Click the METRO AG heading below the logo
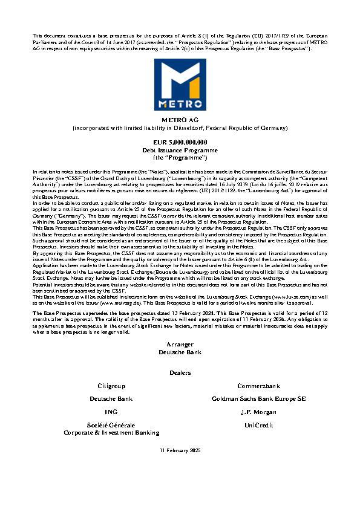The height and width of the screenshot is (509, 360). (180, 121)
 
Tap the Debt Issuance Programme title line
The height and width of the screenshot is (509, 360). (180, 149)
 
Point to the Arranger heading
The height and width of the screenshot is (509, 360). (180, 344)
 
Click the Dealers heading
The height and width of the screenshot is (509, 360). (180, 372)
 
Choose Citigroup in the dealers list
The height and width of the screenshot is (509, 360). (112, 385)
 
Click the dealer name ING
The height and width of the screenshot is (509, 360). (112, 412)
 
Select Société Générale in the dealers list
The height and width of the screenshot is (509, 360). (112, 426)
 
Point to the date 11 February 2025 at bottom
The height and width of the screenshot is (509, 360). (180, 451)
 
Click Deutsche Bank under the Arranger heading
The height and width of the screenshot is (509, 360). (180, 351)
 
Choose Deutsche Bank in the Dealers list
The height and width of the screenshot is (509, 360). (112, 399)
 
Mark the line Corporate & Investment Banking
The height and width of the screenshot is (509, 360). (112, 432)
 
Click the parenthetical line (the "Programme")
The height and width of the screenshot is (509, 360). (180, 156)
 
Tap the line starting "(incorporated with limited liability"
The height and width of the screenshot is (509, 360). (180, 129)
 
